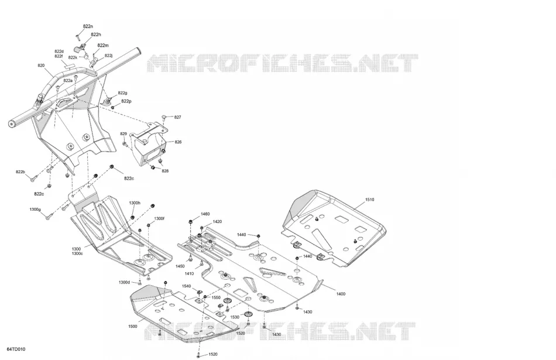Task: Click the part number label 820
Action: (41, 66)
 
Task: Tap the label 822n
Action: (88, 26)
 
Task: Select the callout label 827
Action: (178, 118)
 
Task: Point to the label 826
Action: (178, 142)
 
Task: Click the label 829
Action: (123, 134)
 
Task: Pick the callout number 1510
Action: (369, 200)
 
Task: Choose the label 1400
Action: (341, 294)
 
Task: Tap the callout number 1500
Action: (133, 327)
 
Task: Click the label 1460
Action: (205, 214)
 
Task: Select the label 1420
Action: (217, 222)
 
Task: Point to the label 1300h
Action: (135, 203)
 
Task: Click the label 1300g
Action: (35, 210)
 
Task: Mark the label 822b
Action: (20, 172)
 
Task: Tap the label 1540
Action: (187, 286)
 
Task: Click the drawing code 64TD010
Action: (16, 349)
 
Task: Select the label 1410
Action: (189, 274)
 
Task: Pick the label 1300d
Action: (124, 282)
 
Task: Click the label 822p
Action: (126, 101)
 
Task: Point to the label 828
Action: (165, 171)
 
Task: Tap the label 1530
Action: (235, 317)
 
